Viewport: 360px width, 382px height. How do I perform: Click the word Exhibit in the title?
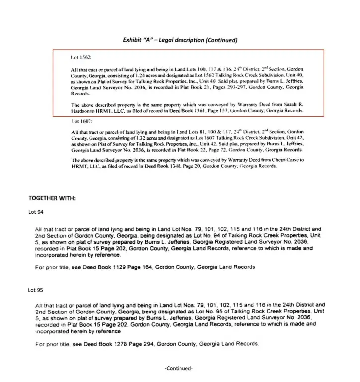(x=134, y=40)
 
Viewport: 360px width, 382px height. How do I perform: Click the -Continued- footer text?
(x=179, y=368)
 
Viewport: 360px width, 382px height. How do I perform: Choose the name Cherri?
(x=274, y=160)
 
